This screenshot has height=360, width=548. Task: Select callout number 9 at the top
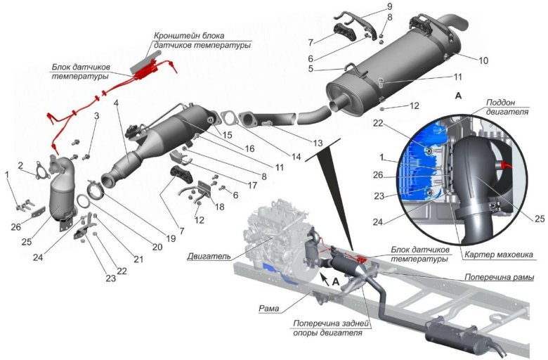(389, 6)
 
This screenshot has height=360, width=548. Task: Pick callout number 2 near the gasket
(22, 165)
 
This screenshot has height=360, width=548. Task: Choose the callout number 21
(138, 259)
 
